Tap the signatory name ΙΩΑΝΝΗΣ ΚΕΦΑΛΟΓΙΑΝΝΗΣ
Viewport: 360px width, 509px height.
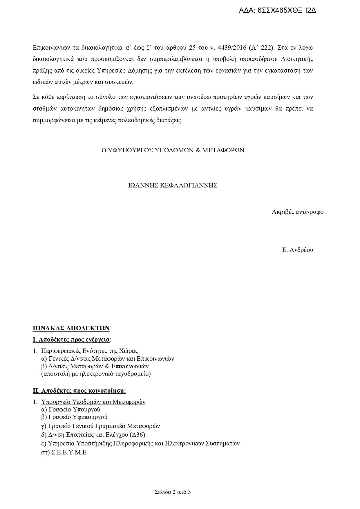click(173, 185)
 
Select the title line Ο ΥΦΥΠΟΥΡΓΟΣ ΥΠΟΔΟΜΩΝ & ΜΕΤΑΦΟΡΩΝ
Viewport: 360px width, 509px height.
click(173, 150)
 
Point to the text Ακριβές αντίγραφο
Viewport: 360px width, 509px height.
click(297, 212)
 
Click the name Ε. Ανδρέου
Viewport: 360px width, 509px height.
click(297, 250)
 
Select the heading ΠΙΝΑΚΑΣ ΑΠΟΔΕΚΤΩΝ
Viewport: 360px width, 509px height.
click(71, 328)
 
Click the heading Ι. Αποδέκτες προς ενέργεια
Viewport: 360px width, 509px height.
click(72, 340)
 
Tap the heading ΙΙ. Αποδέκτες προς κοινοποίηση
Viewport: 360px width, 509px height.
click(79, 391)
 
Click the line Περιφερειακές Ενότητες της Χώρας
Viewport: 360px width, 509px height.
click(89, 351)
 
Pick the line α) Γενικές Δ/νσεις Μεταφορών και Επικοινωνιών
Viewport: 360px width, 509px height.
click(108, 359)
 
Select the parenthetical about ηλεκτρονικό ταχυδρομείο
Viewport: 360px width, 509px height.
click(96, 374)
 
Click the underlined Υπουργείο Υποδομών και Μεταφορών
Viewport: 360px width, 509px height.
click(93, 402)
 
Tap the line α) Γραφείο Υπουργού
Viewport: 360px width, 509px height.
click(71, 409)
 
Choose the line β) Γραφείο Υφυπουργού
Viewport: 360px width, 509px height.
click(74, 417)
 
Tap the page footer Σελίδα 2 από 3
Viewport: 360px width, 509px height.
click(173, 492)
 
